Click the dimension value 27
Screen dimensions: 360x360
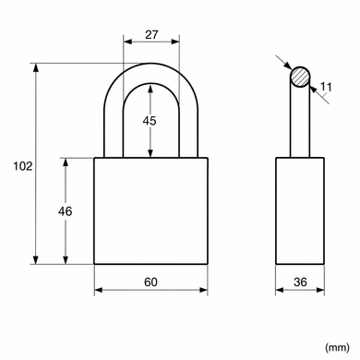click(151, 35)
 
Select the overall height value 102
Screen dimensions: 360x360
click(22, 166)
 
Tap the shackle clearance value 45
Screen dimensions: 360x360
click(150, 121)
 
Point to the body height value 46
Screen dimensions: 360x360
click(66, 211)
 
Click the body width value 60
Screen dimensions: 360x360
click(150, 282)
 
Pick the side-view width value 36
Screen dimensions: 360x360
click(300, 282)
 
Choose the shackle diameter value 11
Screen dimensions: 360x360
click(326, 88)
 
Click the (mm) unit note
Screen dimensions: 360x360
click(337, 348)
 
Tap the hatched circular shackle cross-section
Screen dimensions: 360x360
click(300, 77)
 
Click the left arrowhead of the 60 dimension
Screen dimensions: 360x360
click(98, 290)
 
